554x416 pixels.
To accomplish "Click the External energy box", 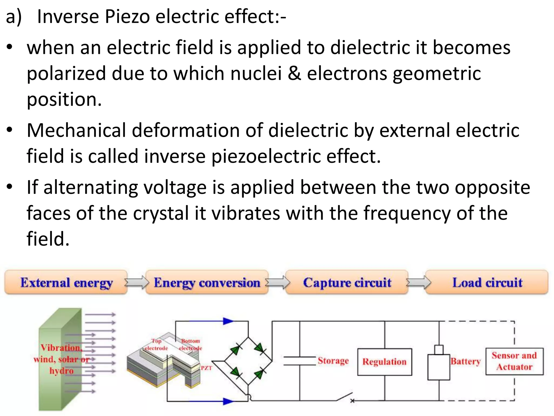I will [66, 282].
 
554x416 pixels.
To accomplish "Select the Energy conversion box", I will [207, 282].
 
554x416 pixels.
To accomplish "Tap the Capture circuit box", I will [347, 282].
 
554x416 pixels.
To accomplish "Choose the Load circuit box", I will [487, 282].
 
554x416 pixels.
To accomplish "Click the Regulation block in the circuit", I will [384, 362].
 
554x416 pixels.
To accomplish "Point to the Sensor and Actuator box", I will [514, 361].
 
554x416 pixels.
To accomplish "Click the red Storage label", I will [333, 361].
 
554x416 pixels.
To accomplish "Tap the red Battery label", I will [466, 361].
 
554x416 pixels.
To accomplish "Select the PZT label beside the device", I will [206, 368].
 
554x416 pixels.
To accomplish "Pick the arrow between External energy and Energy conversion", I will [137, 282].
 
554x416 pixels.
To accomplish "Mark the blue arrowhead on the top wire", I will [228, 321].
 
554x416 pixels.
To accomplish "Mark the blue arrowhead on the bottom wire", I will [228, 401].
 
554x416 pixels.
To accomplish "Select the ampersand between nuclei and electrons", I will [294, 73].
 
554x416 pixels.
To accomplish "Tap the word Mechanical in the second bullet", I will [76, 130].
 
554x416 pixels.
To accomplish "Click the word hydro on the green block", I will [61, 371].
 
